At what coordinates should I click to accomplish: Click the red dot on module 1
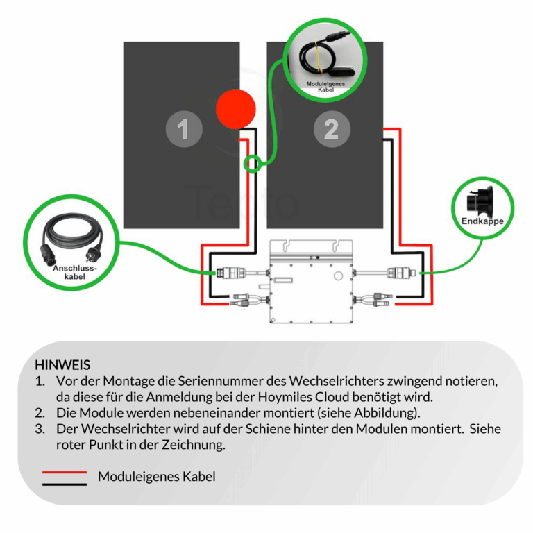236,109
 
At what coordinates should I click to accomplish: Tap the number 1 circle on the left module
183,129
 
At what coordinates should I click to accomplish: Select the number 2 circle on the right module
331,129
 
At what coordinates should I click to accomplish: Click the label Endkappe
482,221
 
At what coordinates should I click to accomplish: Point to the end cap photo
481,200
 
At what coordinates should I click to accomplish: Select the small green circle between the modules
253,164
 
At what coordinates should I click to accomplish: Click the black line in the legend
65,484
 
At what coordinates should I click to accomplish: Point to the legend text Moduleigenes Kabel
156,477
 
